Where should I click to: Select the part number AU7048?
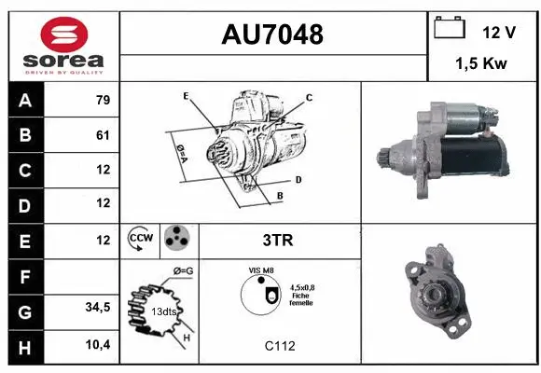(x=272, y=35)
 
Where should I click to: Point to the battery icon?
(x=449, y=30)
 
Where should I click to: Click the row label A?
(x=24, y=101)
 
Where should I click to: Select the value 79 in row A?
(x=102, y=101)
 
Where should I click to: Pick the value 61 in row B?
(x=102, y=135)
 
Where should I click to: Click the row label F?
(x=24, y=276)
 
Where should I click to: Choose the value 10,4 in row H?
(x=98, y=345)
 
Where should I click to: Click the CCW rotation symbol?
(x=141, y=240)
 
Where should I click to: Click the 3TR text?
(x=279, y=240)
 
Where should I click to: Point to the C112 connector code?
(x=279, y=346)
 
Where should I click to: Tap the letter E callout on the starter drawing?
(x=186, y=95)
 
